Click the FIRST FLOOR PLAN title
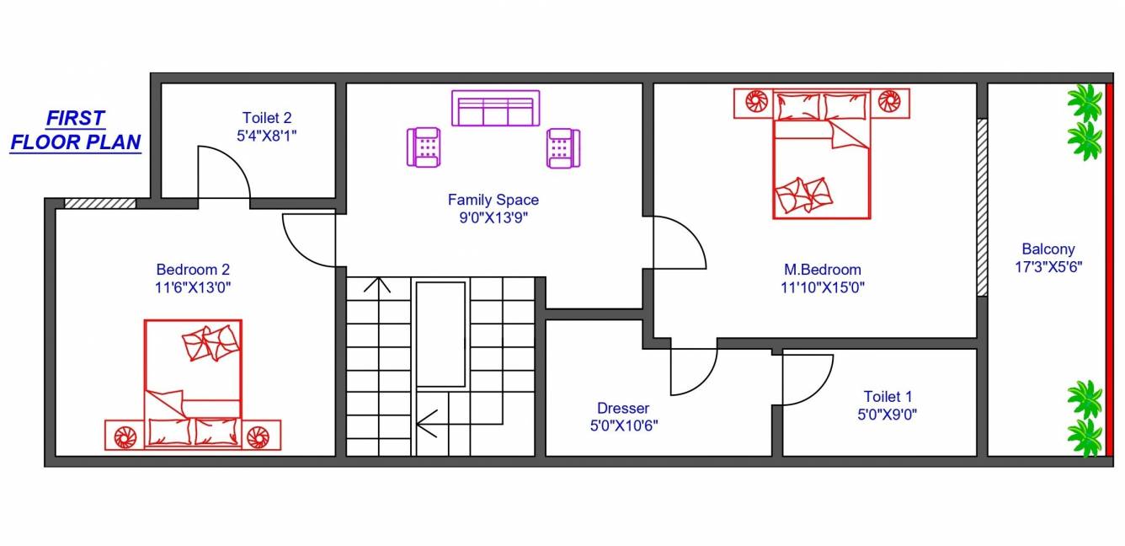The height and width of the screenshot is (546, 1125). pos(76,131)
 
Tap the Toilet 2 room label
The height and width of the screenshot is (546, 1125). pos(267,118)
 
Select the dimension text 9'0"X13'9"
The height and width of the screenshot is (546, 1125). pos(493,217)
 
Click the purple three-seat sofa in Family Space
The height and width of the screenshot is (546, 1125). pos(495,109)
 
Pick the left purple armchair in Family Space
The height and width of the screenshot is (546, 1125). pos(424,147)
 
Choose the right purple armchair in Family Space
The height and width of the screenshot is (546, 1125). pos(562,147)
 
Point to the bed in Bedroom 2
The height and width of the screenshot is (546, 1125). pos(193,379)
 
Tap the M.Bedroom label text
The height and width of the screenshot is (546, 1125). pos(822,270)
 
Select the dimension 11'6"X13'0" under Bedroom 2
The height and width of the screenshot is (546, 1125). pos(193,287)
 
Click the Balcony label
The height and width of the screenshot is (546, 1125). pos(1048,249)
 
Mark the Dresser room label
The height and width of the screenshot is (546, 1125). pos(623,408)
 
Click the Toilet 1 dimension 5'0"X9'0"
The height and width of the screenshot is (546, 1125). pos(888,414)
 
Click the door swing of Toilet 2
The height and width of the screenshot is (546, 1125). pos(223,173)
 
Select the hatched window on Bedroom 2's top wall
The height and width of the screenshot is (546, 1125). pos(100,203)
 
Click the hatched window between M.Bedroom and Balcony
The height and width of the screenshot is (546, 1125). pos(982,207)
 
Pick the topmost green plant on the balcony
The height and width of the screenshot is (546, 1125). pos(1085,101)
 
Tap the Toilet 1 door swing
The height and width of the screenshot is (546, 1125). pos(807,379)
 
